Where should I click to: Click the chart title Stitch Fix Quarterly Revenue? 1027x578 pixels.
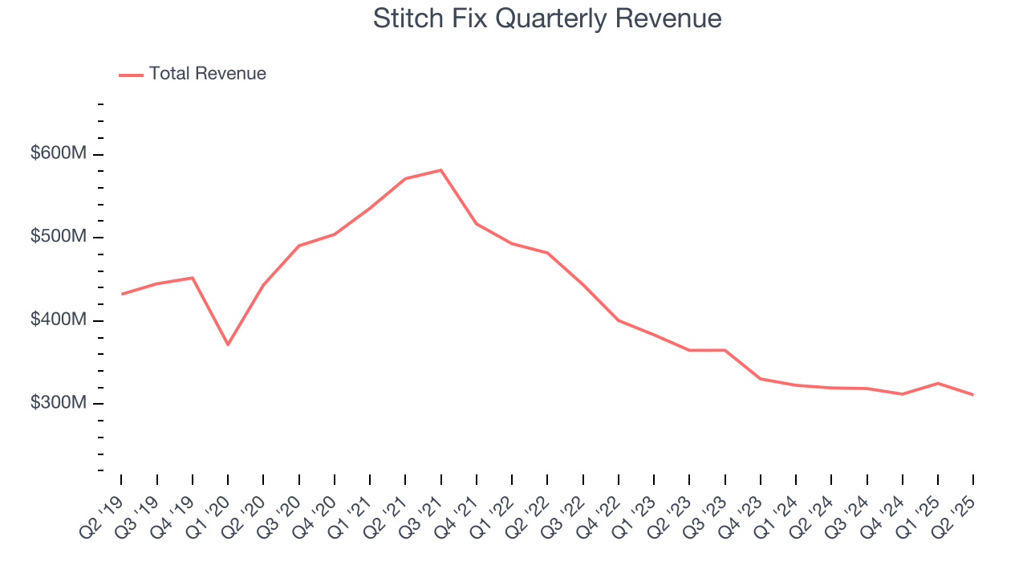click(547, 18)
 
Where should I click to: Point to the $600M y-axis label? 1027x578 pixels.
click(59, 153)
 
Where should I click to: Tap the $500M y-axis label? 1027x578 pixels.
click(59, 237)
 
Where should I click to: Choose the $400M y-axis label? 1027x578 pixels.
click(59, 320)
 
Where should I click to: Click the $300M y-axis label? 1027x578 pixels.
click(59, 403)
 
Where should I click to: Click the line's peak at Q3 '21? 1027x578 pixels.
click(441, 170)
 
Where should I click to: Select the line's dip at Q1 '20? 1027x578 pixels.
click(229, 344)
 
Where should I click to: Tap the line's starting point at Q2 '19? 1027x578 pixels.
click(122, 294)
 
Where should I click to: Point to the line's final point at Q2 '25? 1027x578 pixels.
click(973, 394)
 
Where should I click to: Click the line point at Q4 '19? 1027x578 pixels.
click(193, 278)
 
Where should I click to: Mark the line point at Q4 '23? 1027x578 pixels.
click(761, 378)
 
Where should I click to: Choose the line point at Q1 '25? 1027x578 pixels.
click(938, 383)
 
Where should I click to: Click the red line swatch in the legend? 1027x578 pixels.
click(131, 75)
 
